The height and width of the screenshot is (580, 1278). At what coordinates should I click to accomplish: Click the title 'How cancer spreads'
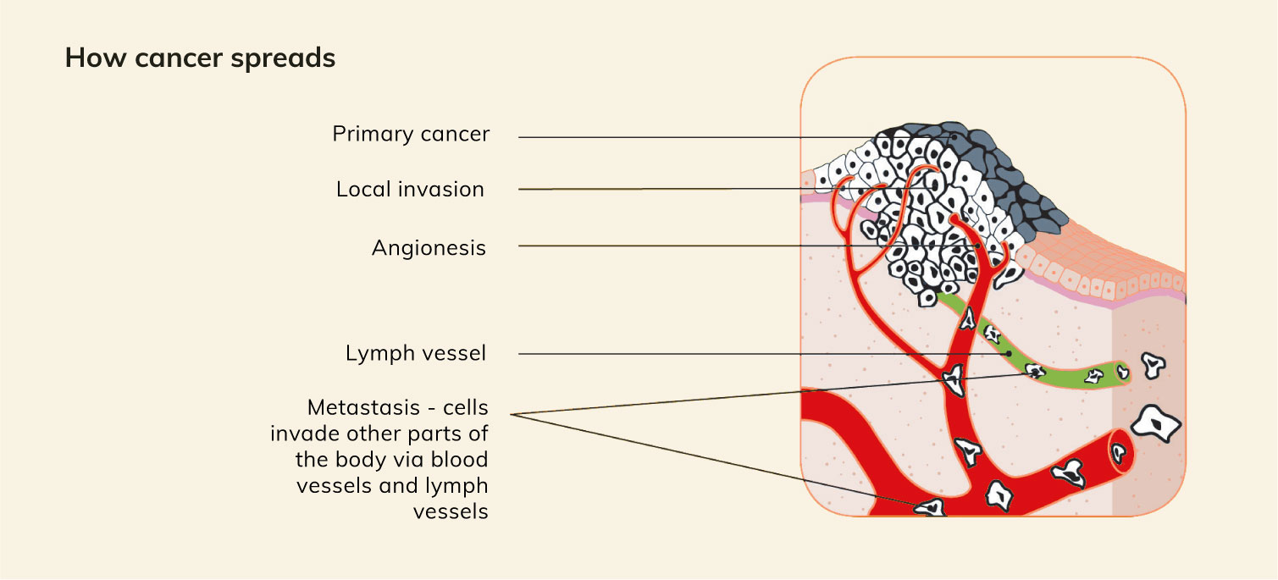click(x=200, y=58)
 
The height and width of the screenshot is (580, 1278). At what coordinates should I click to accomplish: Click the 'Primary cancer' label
click(x=411, y=135)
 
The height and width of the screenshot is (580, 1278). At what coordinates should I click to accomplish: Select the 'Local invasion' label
click(x=410, y=189)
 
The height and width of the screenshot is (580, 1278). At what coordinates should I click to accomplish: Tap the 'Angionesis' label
click(x=429, y=247)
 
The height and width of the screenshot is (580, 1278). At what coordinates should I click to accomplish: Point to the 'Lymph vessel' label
click(x=416, y=353)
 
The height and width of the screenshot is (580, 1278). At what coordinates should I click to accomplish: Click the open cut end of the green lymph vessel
click(x=1122, y=371)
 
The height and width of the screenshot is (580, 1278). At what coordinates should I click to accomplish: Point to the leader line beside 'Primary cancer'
click(x=678, y=136)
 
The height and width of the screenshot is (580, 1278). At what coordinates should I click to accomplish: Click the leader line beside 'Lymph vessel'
click(x=720, y=354)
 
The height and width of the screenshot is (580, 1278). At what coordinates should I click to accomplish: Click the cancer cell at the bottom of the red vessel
click(x=930, y=506)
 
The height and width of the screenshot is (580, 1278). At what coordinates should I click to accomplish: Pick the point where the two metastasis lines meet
click(x=515, y=414)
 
